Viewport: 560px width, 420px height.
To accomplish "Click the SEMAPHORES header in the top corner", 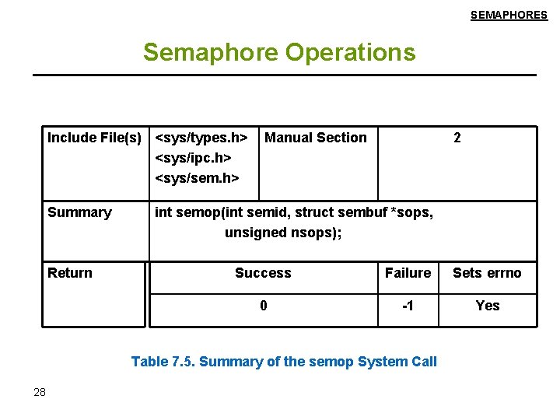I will [509, 15].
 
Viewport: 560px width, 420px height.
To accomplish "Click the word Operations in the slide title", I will [351, 53].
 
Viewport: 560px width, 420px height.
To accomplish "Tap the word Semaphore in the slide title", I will [211, 53].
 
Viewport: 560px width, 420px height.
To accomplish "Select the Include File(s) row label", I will [95, 138].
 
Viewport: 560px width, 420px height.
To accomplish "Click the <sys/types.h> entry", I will [201, 138].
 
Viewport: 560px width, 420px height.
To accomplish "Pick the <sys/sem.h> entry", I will [197, 178].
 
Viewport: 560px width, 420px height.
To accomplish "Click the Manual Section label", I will [316, 138].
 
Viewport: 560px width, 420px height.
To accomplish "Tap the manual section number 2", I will [457, 138].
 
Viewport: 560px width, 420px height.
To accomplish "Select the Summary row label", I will [79, 213].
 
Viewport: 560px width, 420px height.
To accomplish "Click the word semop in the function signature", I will [197, 213].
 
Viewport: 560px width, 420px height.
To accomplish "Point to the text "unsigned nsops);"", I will [283, 233].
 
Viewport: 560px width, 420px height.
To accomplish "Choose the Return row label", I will [70, 273].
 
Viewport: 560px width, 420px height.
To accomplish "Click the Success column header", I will [263, 273].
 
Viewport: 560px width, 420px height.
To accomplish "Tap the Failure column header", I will [408, 273].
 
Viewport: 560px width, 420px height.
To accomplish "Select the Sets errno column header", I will [488, 273].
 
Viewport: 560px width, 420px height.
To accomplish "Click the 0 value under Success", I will [264, 306].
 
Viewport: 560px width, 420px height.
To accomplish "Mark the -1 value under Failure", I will [408, 306].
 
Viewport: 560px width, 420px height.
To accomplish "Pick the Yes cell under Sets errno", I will [488, 306].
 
